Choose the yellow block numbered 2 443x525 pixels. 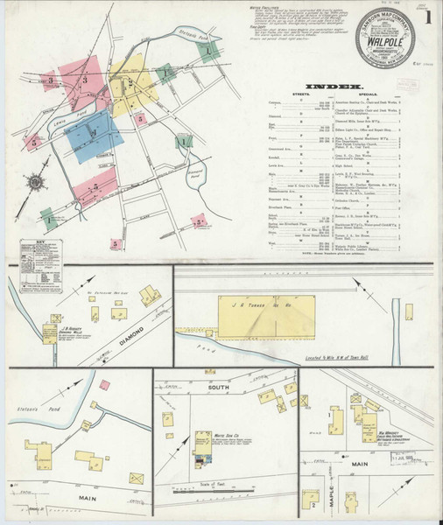(130, 85)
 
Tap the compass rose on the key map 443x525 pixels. (36, 182)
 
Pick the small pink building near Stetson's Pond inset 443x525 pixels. (104, 384)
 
